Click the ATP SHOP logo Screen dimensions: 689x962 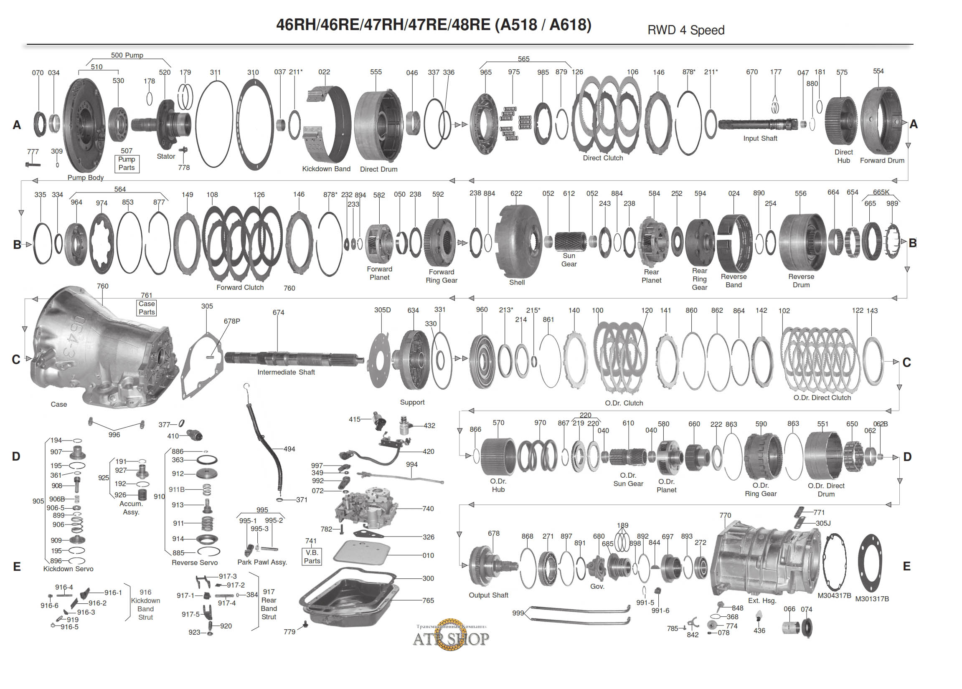tap(451, 637)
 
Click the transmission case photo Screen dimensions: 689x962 tap(102, 348)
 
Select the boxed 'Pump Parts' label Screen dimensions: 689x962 tap(127, 164)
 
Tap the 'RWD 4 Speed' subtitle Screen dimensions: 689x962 tap(685, 30)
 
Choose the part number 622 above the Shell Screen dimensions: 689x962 tap(516, 193)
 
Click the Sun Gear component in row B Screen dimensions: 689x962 tap(570, 241)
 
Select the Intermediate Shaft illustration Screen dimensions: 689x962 tap(293, 359)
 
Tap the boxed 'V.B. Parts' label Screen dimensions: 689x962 tap(312, 557)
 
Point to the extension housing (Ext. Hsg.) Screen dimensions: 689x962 tap(764, 560)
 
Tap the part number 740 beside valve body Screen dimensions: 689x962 tap(428, 509)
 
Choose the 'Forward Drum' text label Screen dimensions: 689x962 tap(882, 161)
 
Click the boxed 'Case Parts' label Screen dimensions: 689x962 tap(146, 308)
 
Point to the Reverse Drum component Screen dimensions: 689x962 tap(802, 242)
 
